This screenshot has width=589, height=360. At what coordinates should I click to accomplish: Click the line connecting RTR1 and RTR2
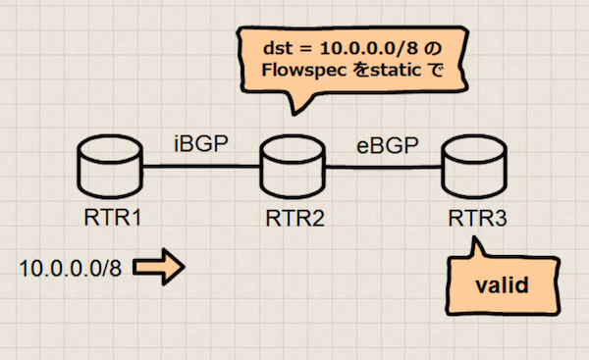(x=201, y=168)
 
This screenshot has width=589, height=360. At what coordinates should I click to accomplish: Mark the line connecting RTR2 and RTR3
(x=383, y=168)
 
